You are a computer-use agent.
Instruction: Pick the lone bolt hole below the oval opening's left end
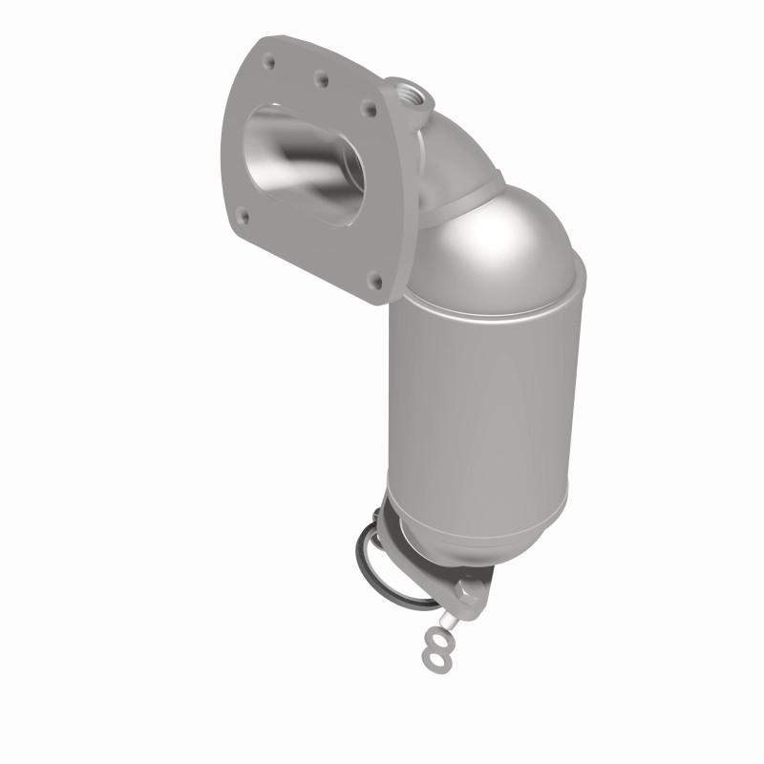[x=245, y=217]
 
